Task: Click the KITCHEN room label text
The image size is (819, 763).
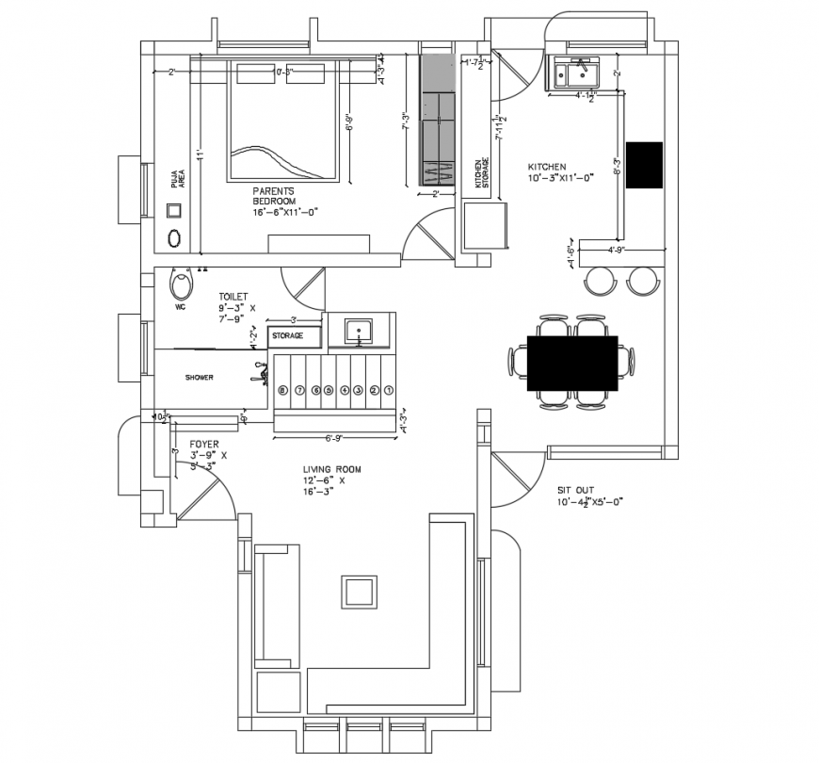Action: pos(547,167)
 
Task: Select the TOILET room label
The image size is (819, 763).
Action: pos(233,296)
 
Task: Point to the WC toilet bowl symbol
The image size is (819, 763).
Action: pos(181,284)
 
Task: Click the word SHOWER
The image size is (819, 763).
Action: pos(199,378)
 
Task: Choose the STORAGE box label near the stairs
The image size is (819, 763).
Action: pos(288,335)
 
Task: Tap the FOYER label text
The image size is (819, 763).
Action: pos(204,443)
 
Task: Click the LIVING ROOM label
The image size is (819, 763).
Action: pos(331,469)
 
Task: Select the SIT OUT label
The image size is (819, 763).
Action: pos(575,491)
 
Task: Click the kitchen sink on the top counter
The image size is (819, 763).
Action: pos(576,72)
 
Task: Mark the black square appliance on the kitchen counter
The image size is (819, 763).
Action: pos(644,165)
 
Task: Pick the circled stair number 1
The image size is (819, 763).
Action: pos(388,389)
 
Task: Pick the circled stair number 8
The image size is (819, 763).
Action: pos(281,389)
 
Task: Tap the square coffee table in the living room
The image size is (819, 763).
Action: pos(361,592)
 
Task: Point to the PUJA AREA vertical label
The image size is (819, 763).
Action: pos(177,179)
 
